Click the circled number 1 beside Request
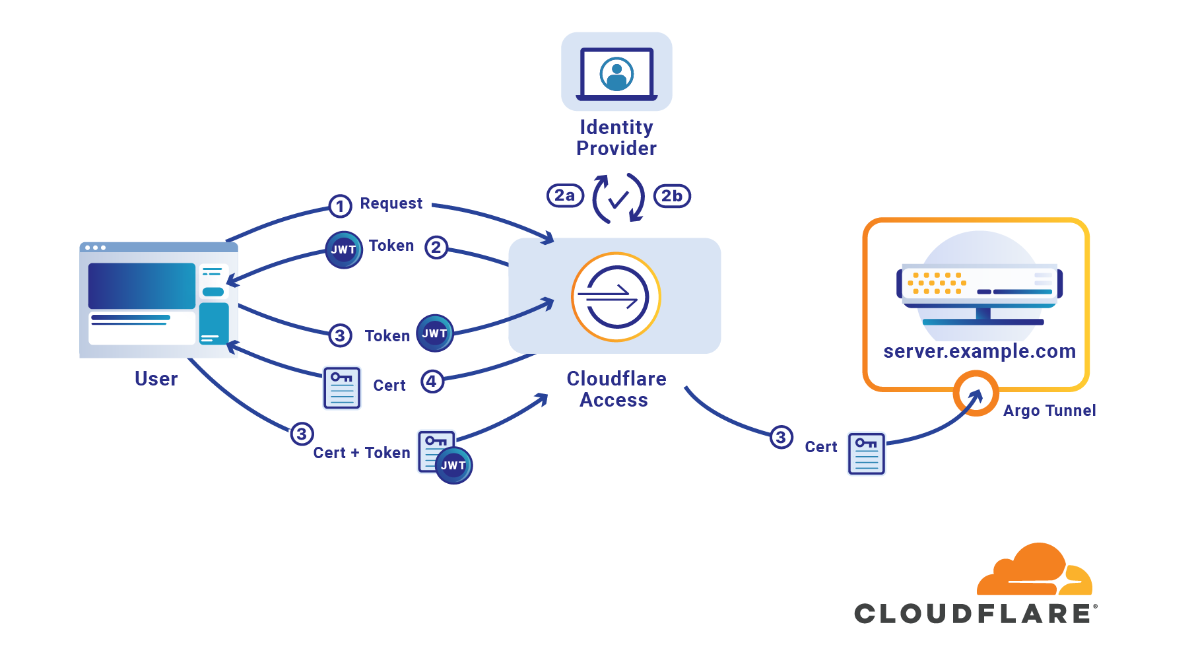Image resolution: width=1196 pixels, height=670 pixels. [340, 207]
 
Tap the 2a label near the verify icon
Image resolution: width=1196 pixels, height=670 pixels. [565, 195]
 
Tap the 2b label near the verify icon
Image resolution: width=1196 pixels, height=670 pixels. [672, 196]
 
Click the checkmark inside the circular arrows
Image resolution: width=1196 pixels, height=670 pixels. [618, 199]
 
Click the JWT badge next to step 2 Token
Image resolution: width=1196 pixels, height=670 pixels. [344, 250]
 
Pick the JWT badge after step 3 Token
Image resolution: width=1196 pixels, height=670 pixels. [434, 333]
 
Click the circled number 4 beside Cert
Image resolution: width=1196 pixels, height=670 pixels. [432, 382]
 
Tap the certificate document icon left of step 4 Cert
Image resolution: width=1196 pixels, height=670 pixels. [342, 388]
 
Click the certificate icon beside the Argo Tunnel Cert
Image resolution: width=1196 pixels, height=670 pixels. [866, 453]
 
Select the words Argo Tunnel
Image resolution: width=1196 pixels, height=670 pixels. [1049, 411]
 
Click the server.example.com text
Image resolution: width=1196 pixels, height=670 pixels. [980, 351]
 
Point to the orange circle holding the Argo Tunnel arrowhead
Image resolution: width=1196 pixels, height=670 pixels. [976, 393]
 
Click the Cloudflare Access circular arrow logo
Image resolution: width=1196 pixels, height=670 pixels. [616, 297]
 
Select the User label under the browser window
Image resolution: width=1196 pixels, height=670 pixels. [156, 379]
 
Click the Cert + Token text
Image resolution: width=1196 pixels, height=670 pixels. [362, 453]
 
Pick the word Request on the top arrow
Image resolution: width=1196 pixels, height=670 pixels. [391, 203]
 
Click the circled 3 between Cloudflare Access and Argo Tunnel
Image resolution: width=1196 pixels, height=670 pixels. [781, 437]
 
